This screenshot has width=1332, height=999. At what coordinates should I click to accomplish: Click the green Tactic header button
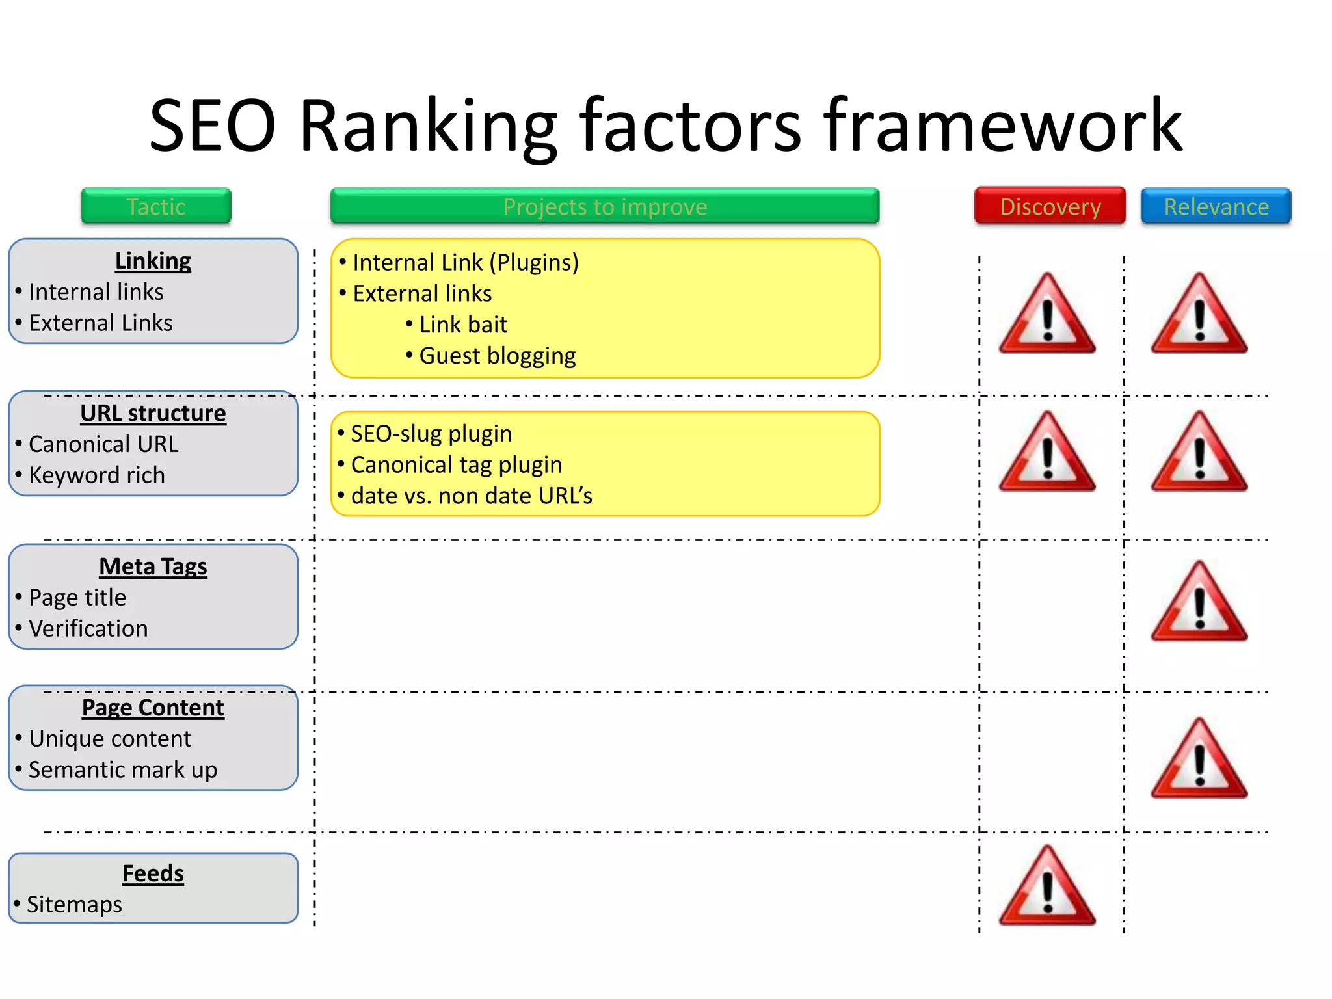[156, 206]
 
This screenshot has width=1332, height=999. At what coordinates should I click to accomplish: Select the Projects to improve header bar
[605, 206]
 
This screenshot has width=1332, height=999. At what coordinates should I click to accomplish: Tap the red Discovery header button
[1050, 206]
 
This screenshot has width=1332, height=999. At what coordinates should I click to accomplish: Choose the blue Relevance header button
[1216, 206]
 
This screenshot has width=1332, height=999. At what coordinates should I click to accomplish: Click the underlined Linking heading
[153, 261]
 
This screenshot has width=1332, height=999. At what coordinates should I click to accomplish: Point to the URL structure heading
[153, 413]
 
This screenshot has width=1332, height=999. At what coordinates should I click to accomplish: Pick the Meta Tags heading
[153, 566]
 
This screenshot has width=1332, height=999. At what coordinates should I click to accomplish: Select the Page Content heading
[153, 708]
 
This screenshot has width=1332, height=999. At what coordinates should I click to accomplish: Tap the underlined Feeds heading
[153, 873]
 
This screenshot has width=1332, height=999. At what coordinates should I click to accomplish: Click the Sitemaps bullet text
[74, 905]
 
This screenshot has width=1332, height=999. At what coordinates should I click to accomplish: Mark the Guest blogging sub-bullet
[497, 356]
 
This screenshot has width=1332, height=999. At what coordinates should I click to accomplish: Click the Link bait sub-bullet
[463, 325]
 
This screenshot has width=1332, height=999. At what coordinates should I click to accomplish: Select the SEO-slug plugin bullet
[431, 434]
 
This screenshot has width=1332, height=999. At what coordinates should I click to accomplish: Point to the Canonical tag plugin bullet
[457, 465]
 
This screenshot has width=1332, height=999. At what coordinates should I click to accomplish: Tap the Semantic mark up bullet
[123, 770]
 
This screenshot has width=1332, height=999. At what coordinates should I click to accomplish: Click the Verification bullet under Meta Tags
[88, 629]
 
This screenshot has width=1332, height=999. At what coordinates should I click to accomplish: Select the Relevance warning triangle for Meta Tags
[1199, 603]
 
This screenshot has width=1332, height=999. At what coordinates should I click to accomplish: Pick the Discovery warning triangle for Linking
[1047, 315]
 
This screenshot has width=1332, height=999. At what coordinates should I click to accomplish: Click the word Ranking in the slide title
[428, 125]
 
